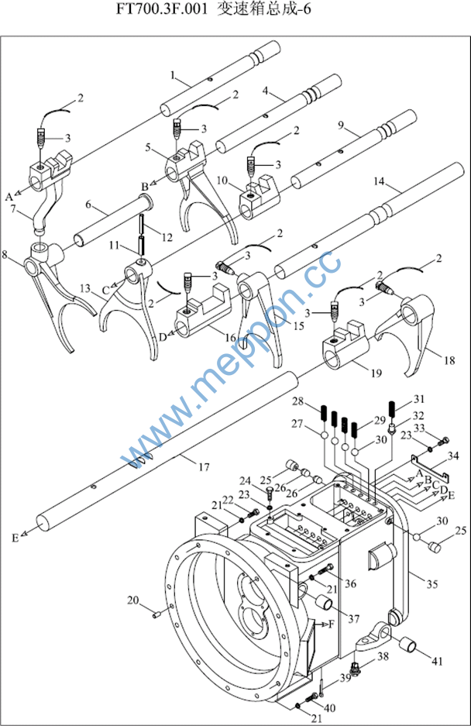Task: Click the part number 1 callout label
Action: [x=174, y=75]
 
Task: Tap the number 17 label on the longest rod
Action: [x=204, y=466]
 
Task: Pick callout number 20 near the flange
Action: [x=132, y=600]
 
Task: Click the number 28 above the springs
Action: [x=297, y=401]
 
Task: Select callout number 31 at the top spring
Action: [x=419, y=398]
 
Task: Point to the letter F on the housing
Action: [x=332, y=624]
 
